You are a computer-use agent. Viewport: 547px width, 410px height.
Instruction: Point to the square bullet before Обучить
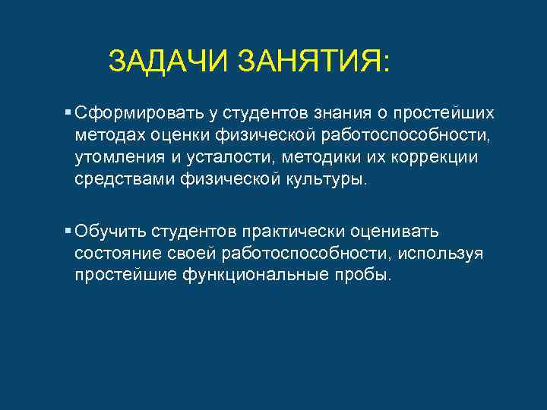68,230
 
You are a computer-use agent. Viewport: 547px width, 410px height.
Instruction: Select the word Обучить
111,231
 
